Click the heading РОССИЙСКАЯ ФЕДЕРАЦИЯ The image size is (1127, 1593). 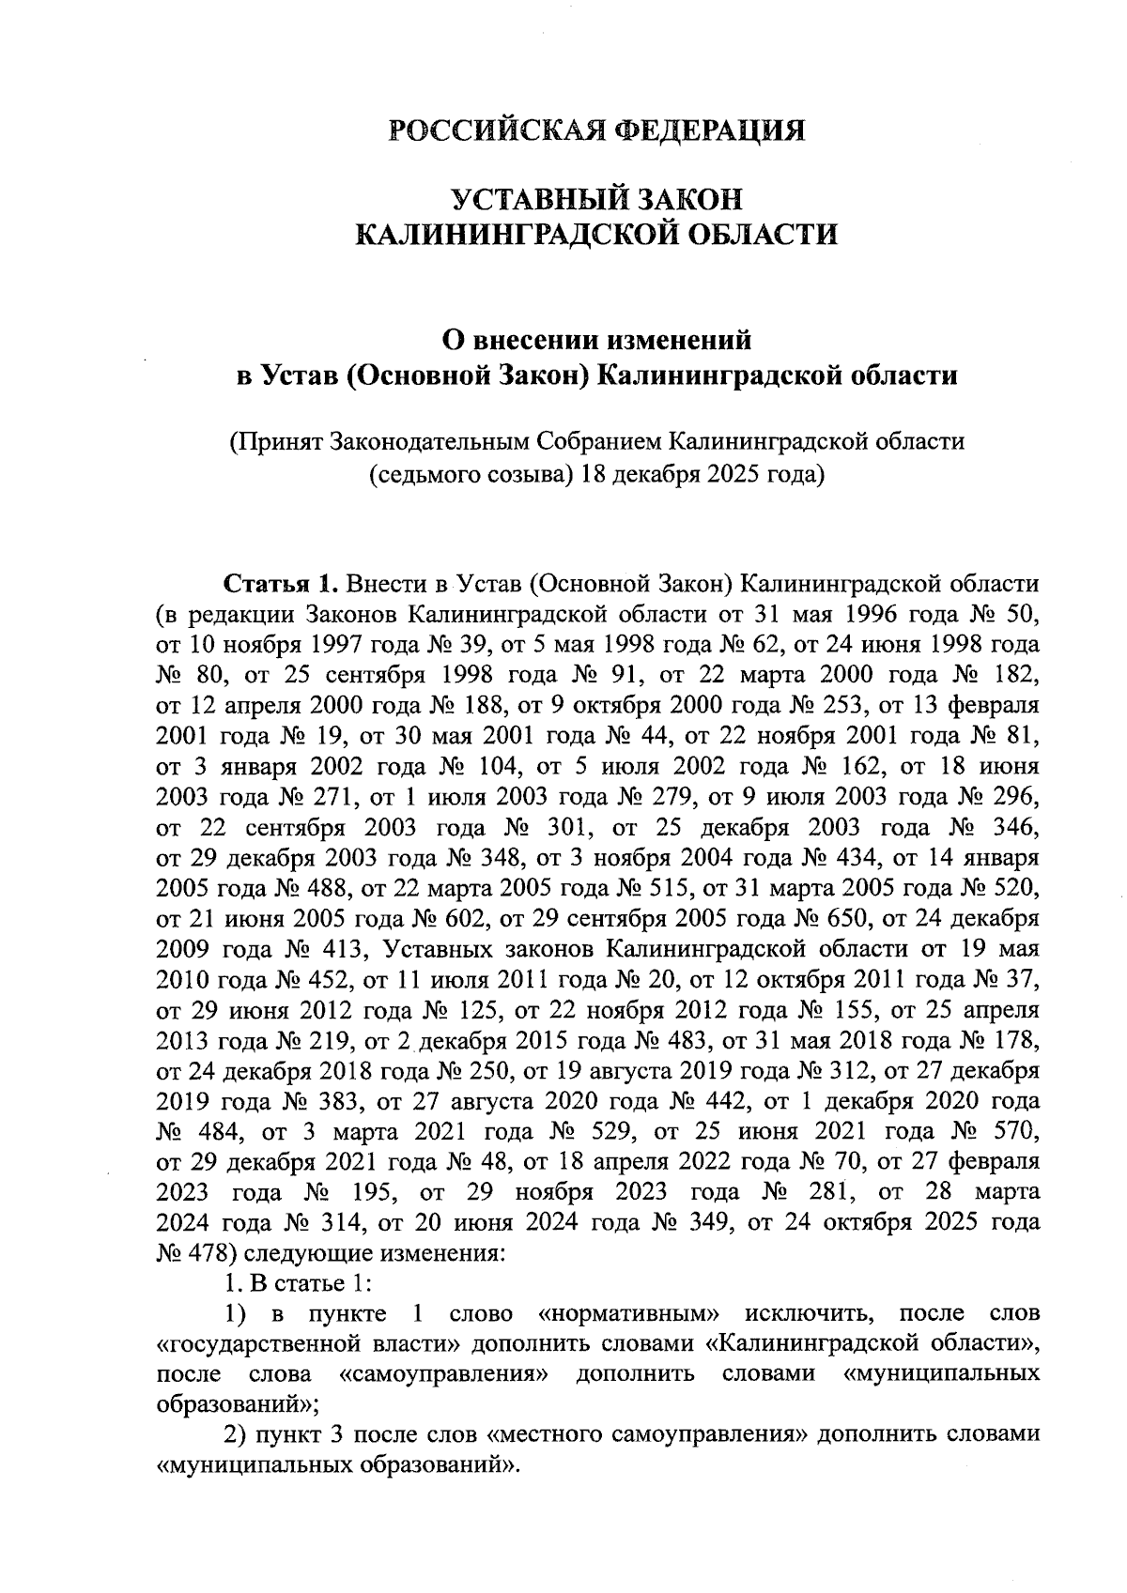click(597, 130)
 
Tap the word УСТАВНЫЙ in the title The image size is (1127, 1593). click(527, 200)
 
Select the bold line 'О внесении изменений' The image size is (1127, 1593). click(597, 340)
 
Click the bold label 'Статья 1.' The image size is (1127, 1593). click(279, 585)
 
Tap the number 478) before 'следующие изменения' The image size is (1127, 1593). click(185, 1253)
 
